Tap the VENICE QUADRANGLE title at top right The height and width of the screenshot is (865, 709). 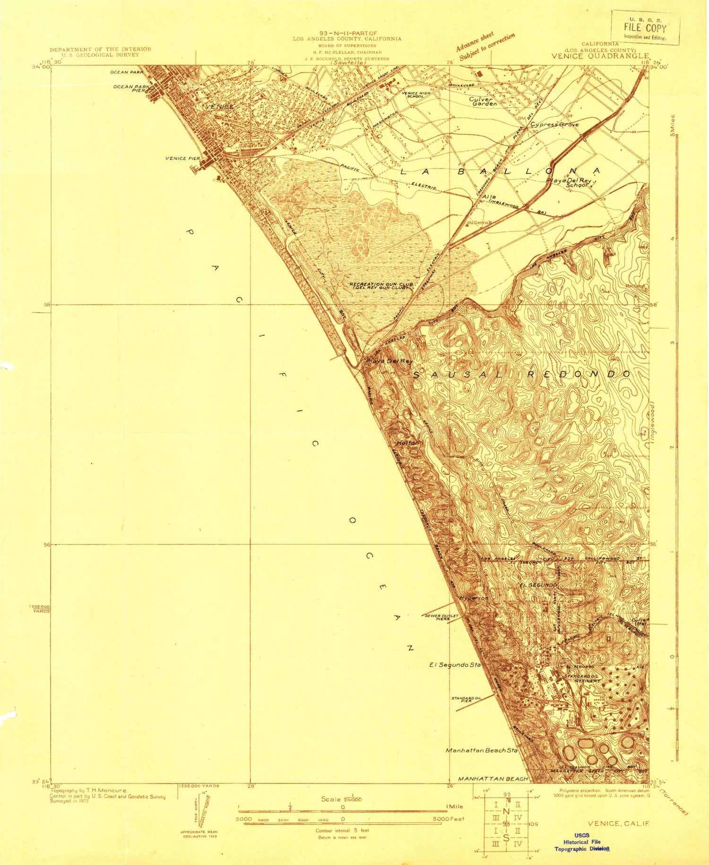(x=600, y=56)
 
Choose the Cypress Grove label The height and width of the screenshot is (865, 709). (x=554, y=125)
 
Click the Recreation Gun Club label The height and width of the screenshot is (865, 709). (x=381, y=285)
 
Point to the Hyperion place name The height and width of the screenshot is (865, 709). (x=474, y=598)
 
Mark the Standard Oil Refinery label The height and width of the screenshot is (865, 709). (x=582, y=678)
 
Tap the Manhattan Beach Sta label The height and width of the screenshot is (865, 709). (x=482, y=750)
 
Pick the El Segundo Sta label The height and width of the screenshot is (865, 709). (x=455, y=665)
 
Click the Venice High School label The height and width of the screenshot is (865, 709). (x=416, y=95)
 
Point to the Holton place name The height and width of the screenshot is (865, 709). (x=407, y=443)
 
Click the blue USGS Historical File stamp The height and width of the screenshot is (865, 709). (x=581, y=842)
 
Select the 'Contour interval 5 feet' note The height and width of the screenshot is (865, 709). (x=342, y=830)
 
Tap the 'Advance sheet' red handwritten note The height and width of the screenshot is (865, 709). (x=475, y=41)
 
